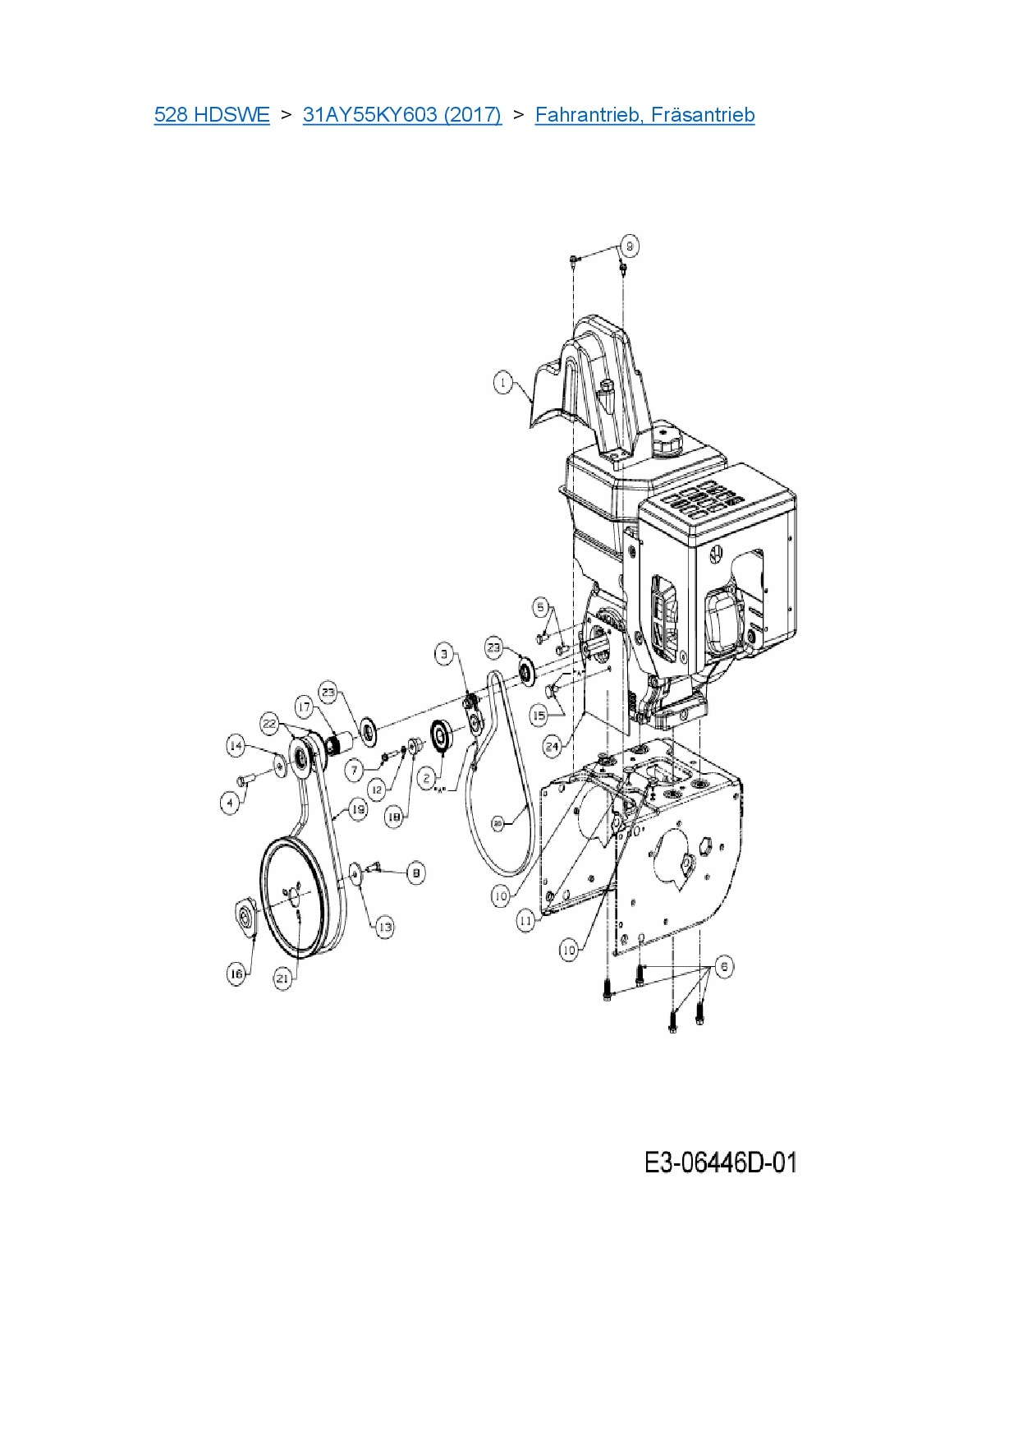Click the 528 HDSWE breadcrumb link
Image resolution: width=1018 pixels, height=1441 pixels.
coord(212,115)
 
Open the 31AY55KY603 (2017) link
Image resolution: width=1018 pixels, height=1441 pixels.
coord(401,115)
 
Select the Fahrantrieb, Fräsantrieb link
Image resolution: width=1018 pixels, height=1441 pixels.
coord(644,115)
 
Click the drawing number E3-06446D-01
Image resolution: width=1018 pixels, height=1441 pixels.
coord(720,1162)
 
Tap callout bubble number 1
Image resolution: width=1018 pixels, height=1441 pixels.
coord(503,383)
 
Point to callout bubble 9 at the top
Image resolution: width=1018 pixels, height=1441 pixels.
coord(630,246)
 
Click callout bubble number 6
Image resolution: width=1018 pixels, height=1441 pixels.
coord(723,966)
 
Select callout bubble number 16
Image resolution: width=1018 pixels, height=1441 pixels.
coord(236,974)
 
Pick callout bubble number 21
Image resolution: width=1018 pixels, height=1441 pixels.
coord(282,978)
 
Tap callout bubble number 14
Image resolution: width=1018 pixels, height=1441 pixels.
coord(236,746)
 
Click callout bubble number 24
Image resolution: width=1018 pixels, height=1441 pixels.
coord(553,746)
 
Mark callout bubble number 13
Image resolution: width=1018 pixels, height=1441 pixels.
coord(384,927)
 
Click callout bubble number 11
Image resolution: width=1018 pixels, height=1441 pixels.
coord(525,921)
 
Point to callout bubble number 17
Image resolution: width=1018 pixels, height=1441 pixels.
coord(305,707)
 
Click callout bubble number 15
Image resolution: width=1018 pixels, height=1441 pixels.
coord(539,715)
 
